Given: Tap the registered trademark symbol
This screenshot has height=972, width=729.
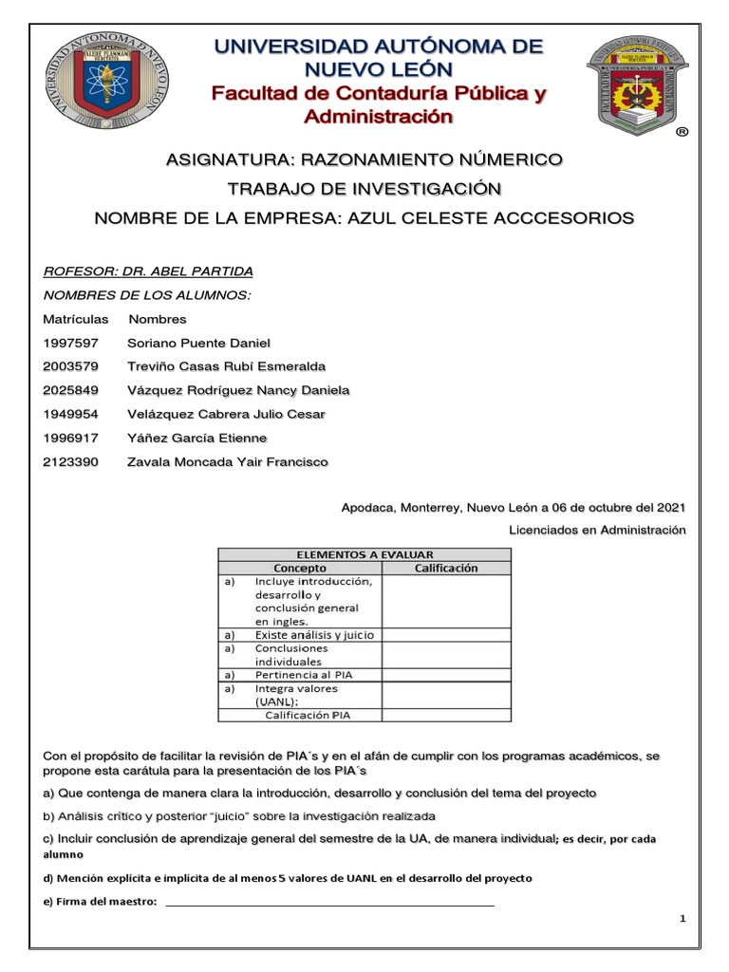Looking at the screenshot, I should [682, 134].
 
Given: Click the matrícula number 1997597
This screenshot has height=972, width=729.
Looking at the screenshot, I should [69, 343].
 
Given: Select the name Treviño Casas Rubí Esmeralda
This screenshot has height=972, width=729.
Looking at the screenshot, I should [226, 366].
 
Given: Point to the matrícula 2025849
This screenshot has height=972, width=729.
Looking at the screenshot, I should [69, 390].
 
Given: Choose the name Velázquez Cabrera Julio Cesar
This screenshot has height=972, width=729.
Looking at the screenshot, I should [226, 414].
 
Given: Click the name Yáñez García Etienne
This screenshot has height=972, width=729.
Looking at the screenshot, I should [196, 438].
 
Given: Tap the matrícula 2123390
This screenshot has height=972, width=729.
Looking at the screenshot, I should [69, 461].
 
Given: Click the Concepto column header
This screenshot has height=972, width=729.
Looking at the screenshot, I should [300, 569].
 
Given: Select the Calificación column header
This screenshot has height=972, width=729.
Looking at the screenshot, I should [446, 569].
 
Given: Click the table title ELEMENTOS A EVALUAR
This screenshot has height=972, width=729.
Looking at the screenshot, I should [364, 554].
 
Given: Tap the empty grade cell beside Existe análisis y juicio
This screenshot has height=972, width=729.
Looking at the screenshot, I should [446, 634].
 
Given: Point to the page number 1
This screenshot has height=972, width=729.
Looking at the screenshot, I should [682, 920].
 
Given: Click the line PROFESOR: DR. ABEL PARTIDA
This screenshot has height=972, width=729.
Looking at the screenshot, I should [148, 271].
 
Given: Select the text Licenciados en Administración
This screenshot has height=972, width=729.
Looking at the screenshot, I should [597, 530].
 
